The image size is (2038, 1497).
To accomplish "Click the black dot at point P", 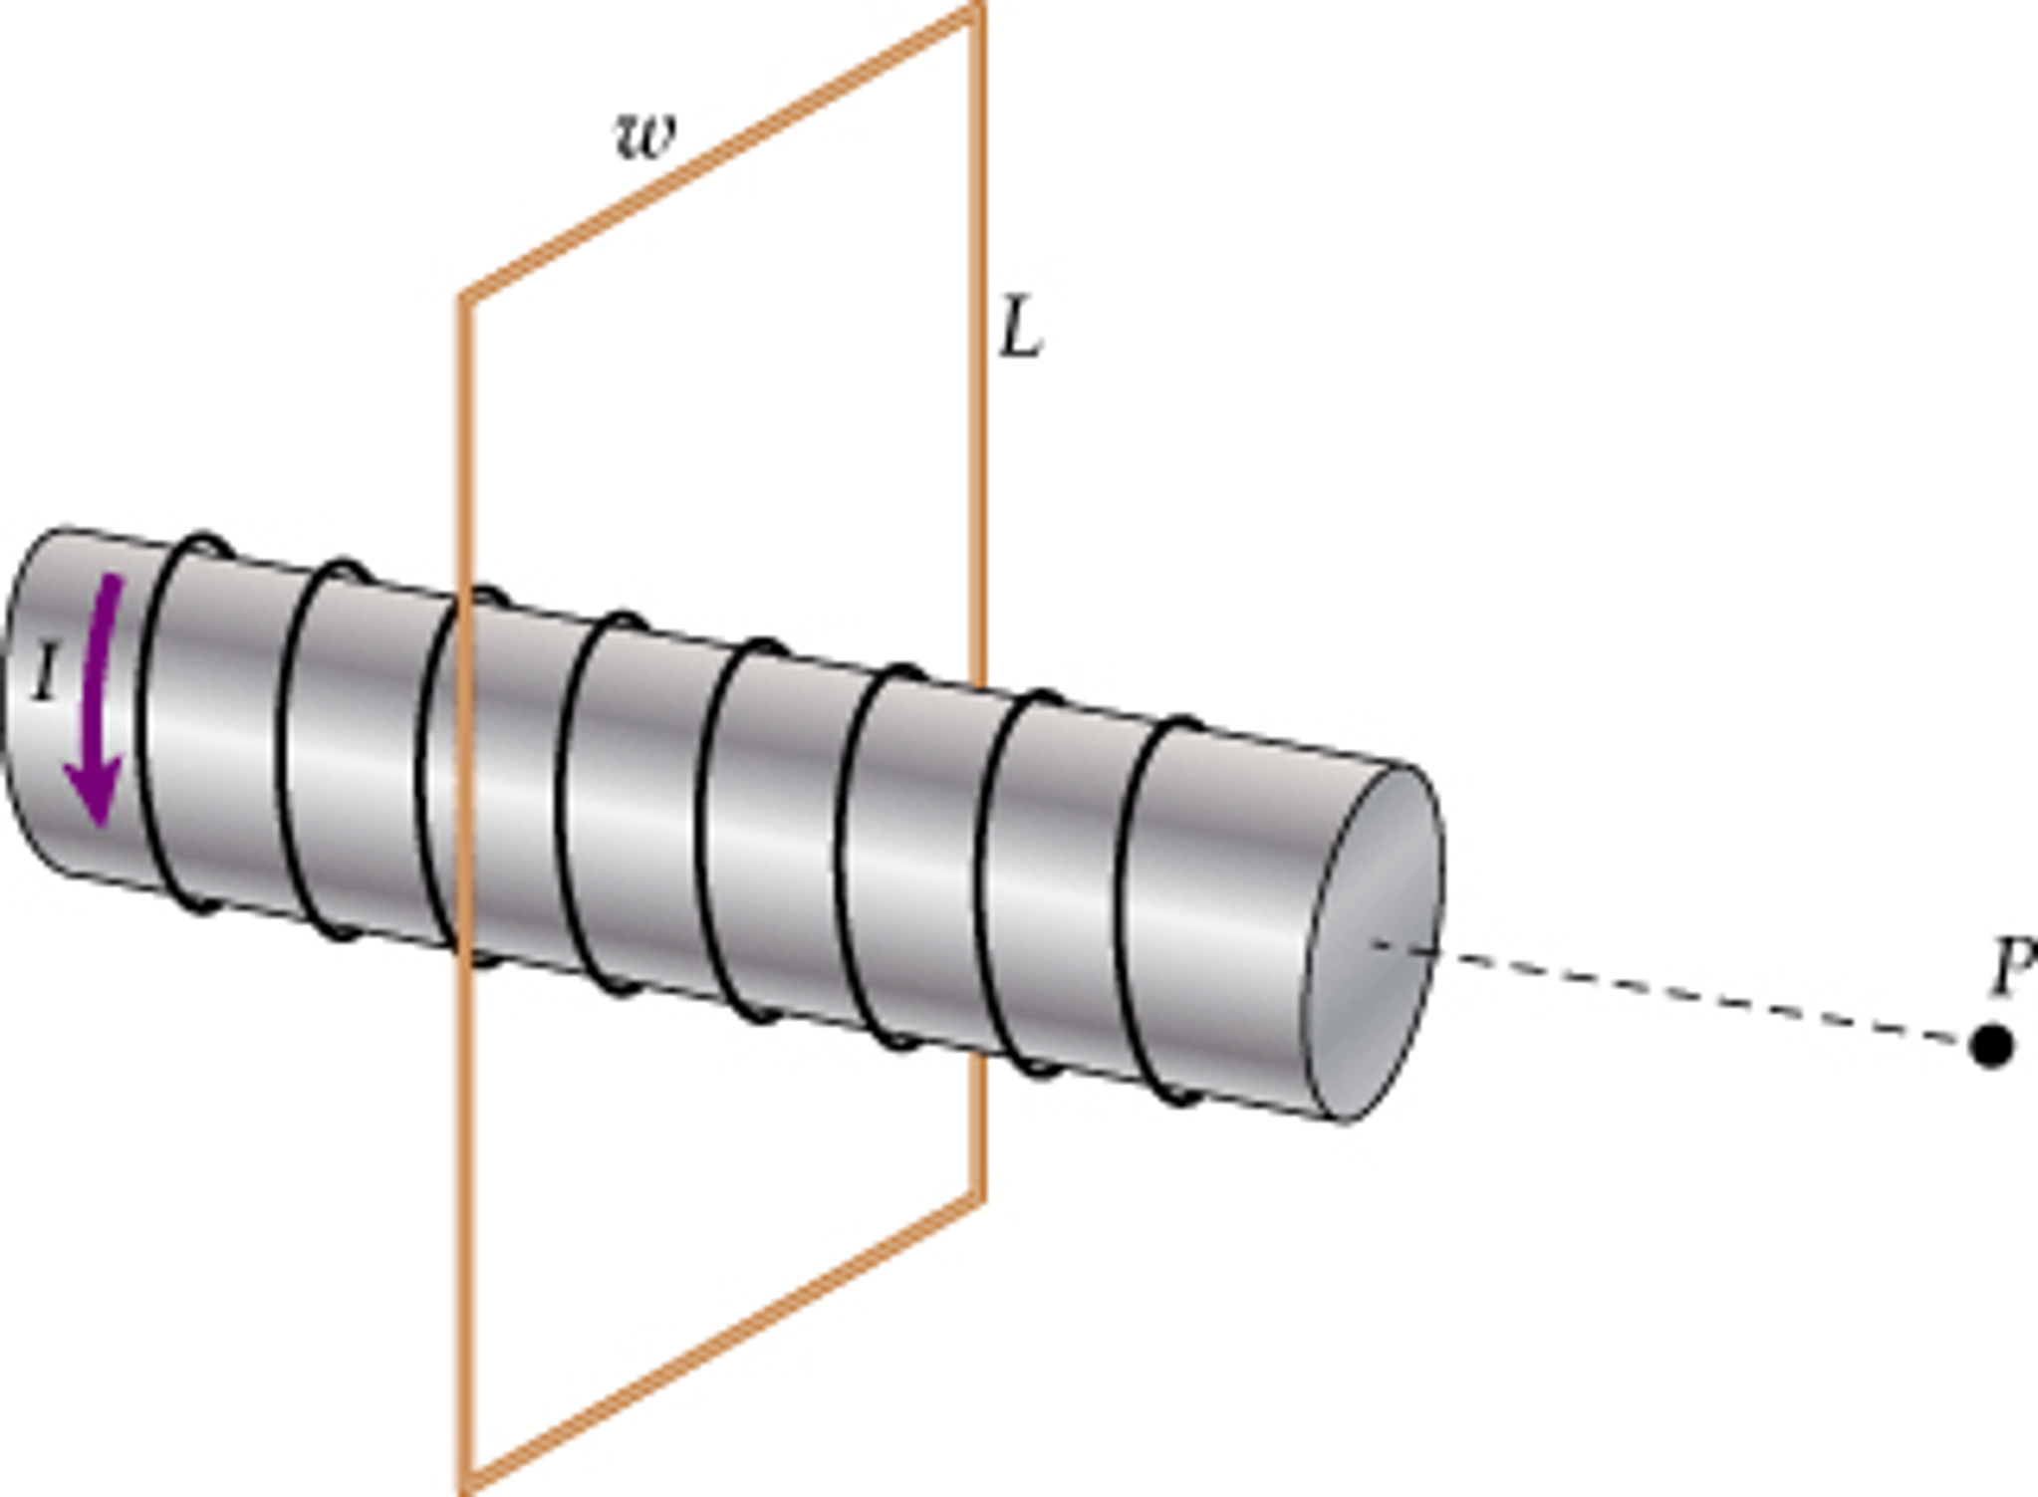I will tap(1991, 1046).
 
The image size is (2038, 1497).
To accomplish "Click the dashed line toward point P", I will tap(1693, 995).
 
